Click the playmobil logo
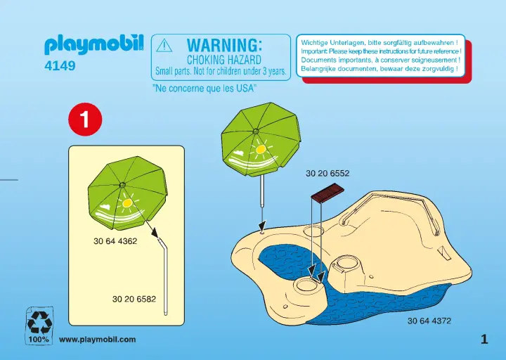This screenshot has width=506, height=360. click(x=94, y=44)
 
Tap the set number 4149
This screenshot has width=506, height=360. click(x=60, y=66)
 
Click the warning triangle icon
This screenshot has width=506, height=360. click(x=164, y=46)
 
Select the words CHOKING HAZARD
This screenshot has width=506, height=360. click(x=224, y=60)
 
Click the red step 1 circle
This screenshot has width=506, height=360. click(x=85, y=120)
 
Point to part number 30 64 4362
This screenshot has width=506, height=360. click(x=115, y=241)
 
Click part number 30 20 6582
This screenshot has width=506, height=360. click(x=134, y=299)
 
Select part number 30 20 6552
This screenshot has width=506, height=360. click(x=327, y=174)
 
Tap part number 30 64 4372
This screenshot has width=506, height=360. click(x=429, y=321)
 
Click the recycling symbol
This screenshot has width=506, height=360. click(x=39, y=322)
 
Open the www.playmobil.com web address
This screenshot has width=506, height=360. click(x=98, y=340)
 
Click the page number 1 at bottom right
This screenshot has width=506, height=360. click(x=484, y=340)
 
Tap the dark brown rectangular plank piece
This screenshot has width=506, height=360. click(x=327, y=193)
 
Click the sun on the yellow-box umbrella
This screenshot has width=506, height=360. click(x=127, y=202)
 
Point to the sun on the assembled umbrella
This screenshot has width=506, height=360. click(x=261, y=149)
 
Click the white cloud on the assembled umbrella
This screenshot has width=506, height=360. click(x=239, y=152)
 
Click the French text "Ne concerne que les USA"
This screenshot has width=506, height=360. click(x=205, y=88)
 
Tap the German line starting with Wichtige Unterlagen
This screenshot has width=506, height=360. click(x=379, y=42)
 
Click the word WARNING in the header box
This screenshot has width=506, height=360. click(x=224, y=45)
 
